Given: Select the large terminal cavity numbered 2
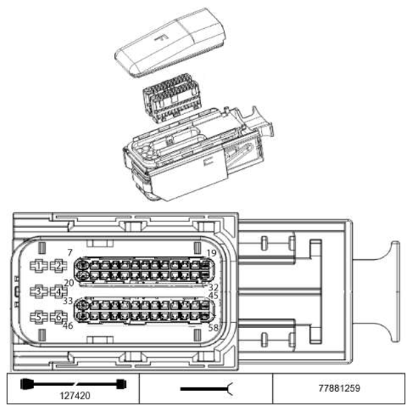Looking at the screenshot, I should pos(58,266).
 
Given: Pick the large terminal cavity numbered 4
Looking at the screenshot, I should pos(58,292).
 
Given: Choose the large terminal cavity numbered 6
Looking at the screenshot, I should pos(58,317).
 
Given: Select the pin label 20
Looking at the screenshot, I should pos(69,283).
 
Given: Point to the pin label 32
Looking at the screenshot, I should pos(214,287).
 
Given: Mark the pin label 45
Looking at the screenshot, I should pos(214,295).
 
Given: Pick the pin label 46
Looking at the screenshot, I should pos(69,326).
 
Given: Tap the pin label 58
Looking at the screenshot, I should pos(214,327).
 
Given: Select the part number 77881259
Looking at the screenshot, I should pos(342,387).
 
